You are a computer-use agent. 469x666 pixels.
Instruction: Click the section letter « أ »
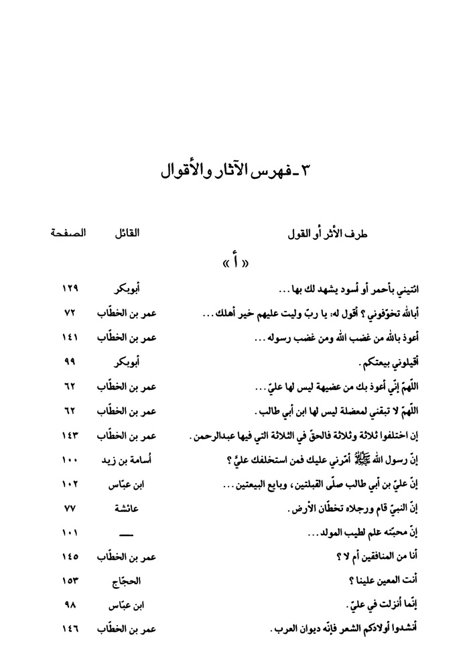tap(234, 262)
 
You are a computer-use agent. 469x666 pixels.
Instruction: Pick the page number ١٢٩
tap(70, 289)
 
